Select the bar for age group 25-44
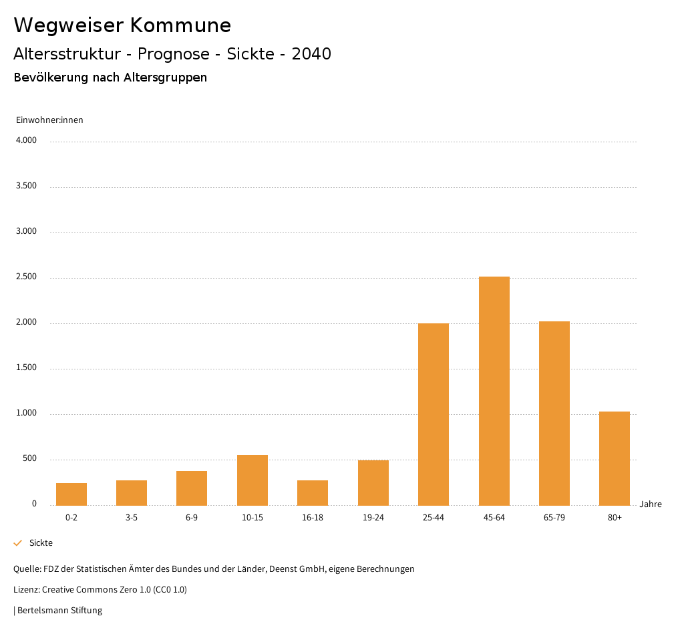[x=434, y=414]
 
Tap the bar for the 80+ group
[x=615, y=458]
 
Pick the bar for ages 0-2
[x=71, y=494]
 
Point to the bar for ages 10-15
[x=252, y=480]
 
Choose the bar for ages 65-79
[x=554, y=413]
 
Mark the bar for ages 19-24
[x=373, y=482]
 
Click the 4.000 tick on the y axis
[x=26, y=141]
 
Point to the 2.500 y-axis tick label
[x=26, y=277]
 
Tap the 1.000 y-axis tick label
[x=26, y=414]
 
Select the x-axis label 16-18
[x=313, y=518]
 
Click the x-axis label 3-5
[x=132, y=518]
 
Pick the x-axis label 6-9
[x=192, y=518]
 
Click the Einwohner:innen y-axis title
[x=49, y=120]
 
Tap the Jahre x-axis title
[x=651, y=504]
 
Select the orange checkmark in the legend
[x=18, y=543]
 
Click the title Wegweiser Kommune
[x=122, y=25]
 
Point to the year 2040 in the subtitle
[x=311, y=54]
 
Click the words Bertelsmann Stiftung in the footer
[x=59, y=611]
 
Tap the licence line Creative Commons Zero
[x=100, y=590]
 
